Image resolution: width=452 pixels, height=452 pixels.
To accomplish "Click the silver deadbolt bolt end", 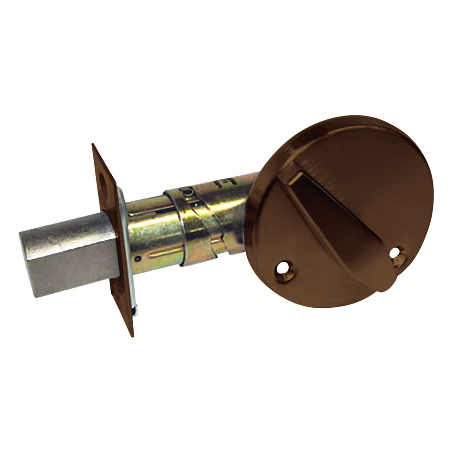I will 67,255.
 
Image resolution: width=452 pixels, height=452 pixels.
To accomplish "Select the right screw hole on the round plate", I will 396,254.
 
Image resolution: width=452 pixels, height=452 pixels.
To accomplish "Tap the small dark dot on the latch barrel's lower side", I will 137,258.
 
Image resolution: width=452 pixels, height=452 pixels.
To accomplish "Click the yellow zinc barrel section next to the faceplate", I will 152,228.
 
